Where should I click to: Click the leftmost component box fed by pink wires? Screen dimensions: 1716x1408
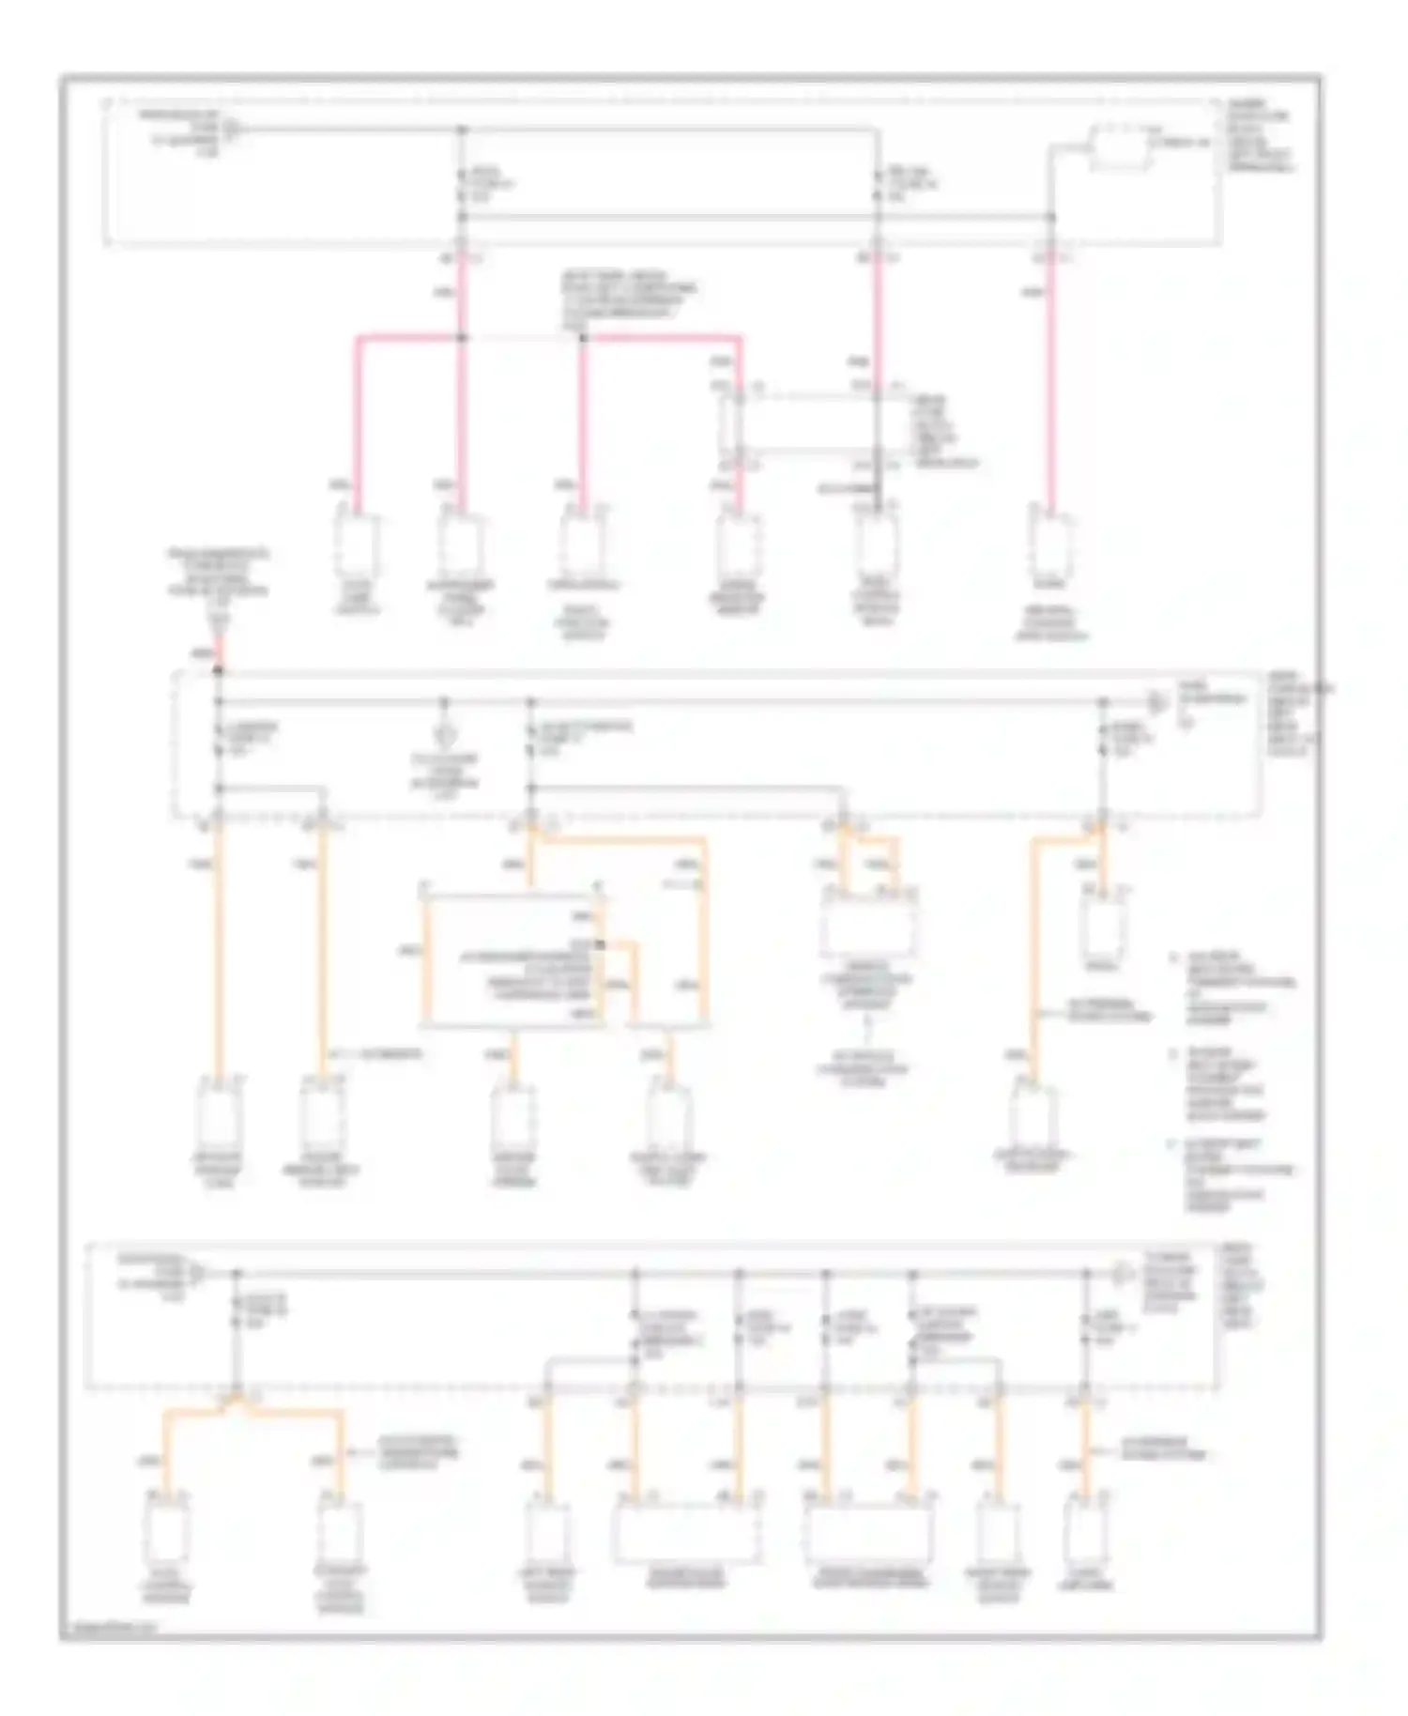[357, 545]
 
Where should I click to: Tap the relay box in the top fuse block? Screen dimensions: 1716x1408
[1119, 149]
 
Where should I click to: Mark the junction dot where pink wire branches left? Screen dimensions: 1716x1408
[461, 336]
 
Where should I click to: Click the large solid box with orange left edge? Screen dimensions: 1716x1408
[514, 959]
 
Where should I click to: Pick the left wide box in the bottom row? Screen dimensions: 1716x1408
[687, 1532]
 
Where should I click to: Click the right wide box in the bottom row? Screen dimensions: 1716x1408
[868, 1532]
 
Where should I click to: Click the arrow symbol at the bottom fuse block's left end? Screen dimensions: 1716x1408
[197, 1273]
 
